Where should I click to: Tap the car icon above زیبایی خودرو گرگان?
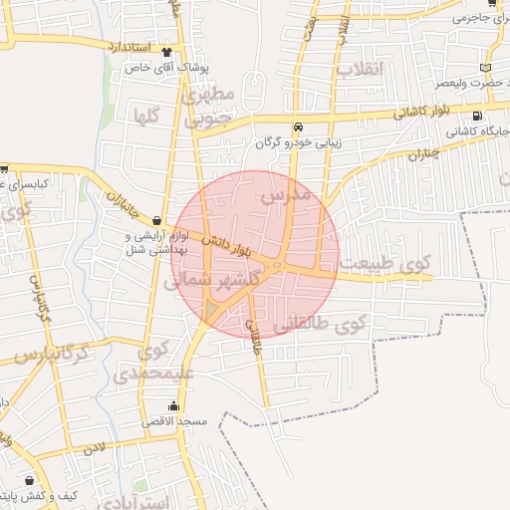(298, 127)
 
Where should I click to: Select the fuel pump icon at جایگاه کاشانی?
(492, 116)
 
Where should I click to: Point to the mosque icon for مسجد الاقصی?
(175, 406)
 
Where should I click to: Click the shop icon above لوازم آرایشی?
(157, 221)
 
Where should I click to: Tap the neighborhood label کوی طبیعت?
(384, 264)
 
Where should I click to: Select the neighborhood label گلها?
(145, 116)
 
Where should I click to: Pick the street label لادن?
(94, 449)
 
